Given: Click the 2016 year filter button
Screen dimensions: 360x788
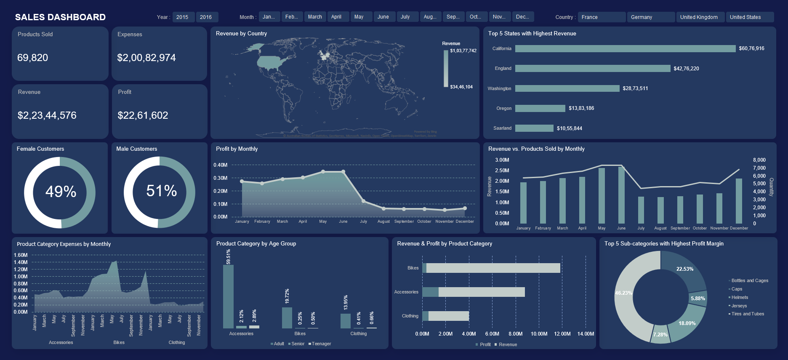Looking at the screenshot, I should click(206, 17).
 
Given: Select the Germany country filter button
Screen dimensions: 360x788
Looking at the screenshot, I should click(650, 17).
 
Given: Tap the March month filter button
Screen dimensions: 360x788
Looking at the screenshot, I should click(315, 17).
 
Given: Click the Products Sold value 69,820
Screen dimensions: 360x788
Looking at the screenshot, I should click(33, 58).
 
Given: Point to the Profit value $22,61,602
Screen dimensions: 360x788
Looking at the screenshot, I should click(143, 115).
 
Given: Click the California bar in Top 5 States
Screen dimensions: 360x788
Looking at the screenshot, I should click(625, 49).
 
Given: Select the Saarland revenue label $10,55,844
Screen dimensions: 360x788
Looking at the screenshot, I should click(569, 128).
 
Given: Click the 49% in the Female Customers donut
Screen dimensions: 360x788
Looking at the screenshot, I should click(61, 192).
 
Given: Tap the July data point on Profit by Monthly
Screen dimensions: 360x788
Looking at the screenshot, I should click(363, 201).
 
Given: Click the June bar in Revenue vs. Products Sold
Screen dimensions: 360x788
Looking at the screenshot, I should click(621, 195).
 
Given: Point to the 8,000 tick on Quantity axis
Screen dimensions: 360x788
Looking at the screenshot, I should click(759, 160).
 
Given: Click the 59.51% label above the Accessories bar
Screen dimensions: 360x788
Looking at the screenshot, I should click(229, 256).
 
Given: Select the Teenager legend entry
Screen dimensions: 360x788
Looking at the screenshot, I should click(321, 344).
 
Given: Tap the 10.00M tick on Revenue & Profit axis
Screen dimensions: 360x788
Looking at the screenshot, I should click(539, 334).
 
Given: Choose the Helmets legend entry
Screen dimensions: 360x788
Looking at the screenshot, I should click(740, 297).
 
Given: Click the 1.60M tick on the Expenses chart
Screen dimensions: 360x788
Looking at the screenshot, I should click(21, 255).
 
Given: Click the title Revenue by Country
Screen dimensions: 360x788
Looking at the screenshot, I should click(241, 34).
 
